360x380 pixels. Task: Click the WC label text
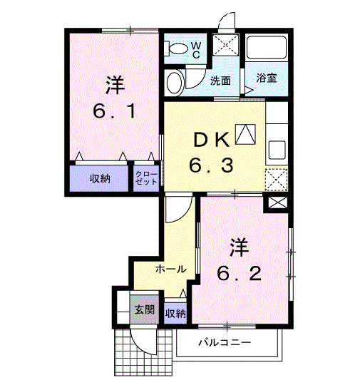pos(196,50)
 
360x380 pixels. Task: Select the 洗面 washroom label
pos(220,81)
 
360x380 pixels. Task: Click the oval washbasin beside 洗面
pos(175,83)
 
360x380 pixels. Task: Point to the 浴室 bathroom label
pos(266,78)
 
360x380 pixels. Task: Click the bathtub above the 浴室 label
pos(266,47)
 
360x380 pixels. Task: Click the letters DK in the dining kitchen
pos(212,140)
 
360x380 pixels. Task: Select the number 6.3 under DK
pos(211,165)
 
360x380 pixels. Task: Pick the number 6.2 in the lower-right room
pos(239,273)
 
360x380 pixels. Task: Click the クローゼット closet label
pos(146,178)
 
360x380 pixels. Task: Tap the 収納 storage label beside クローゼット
pos(100,179)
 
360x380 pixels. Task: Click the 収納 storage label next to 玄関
pos(175,314)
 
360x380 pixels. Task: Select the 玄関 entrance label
pos(145,309)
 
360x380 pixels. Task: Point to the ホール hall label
pos(171,269)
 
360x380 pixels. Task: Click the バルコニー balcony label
pos(225,343)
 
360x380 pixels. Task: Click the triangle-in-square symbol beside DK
pos(245,135)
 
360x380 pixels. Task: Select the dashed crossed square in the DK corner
pos(277,180)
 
